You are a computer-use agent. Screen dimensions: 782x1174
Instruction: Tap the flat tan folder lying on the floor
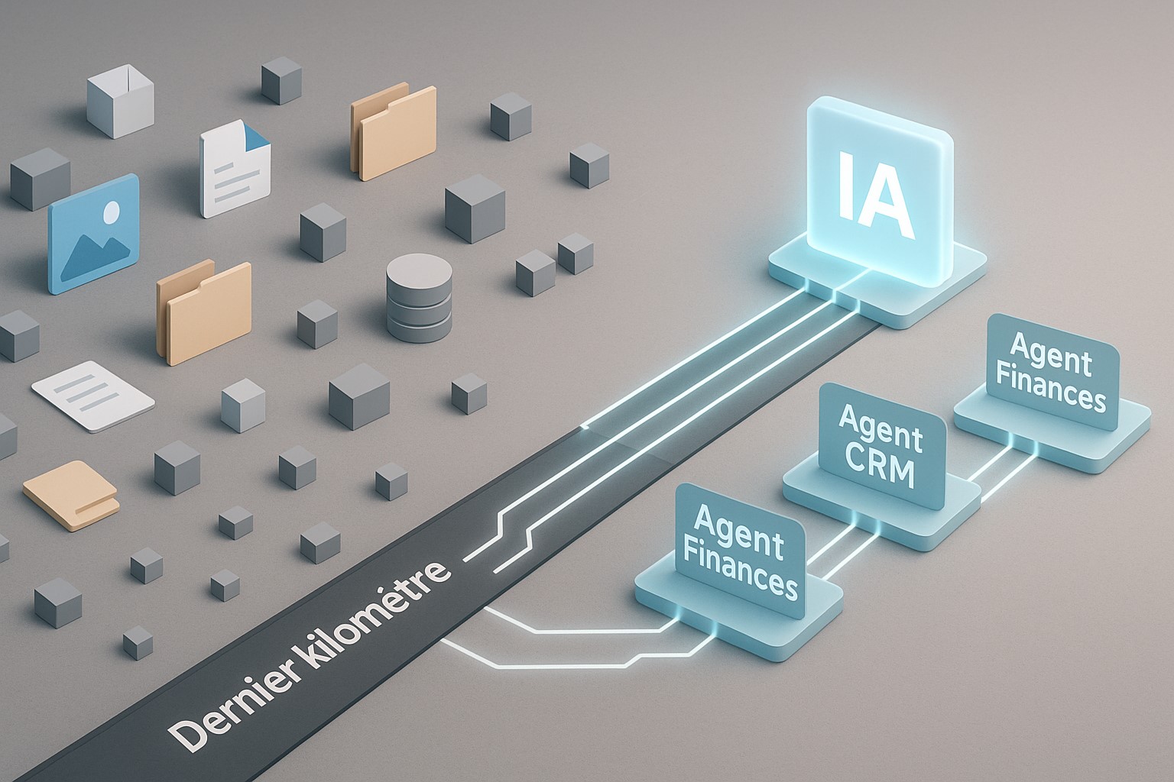(70, 494)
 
